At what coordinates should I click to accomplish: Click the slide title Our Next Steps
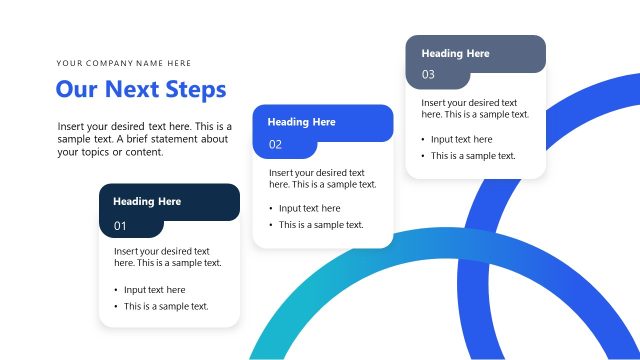pos(141,90)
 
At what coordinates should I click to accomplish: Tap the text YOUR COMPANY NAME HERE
pos(124,63)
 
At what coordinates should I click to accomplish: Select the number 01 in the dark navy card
pos(120,226)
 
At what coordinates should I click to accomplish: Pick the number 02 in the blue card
pos(275,145)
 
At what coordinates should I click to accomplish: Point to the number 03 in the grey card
pos(428,75)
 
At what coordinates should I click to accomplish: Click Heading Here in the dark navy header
pos(147,201)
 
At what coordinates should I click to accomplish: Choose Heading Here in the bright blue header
pos(301,122)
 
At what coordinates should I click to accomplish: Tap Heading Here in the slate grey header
pos(455,53)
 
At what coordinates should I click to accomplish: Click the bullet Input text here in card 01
pos(154,290)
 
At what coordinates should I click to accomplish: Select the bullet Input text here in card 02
pos(309,209)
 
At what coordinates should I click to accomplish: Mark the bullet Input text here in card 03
pos(461,140)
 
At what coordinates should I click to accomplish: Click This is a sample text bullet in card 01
pos(166,306)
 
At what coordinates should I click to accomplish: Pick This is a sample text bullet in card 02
pos(321,225)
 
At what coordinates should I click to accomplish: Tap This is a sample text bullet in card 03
pos(473,156)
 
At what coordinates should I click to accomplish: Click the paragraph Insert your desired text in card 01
pos(167,257)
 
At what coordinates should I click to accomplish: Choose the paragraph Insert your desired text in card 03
pos(474,108)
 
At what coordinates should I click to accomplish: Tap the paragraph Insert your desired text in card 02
pos(322,178)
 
